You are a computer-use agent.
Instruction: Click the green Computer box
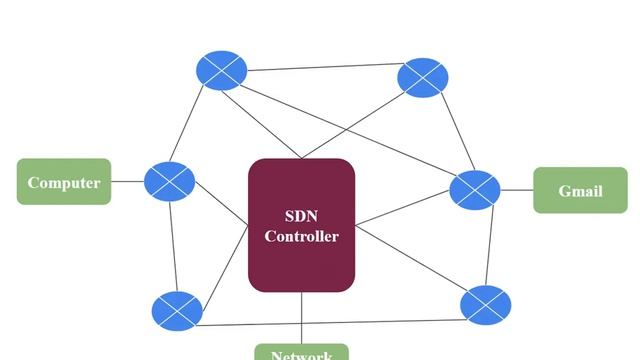pos(64,182)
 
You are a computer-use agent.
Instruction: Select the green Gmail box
pos(580,190)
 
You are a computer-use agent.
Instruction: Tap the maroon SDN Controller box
pos(301,225)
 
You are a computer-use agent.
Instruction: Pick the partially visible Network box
pos(301,353)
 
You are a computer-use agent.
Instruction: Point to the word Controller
pos(301,237)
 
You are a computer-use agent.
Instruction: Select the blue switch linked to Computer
pos(169,181)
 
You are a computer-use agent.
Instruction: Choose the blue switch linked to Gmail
pos(474,189)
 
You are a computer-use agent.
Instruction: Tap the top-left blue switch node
pos(220,69)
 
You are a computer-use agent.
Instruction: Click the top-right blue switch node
pos(423,78)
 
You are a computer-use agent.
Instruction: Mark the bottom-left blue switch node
pos(177,311)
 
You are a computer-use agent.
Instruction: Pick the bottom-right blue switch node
pos(486,304)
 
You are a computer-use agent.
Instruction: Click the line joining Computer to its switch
pos(127,182)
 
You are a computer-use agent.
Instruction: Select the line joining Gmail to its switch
pos(516,189)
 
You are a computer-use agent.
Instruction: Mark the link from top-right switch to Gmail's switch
pos(448,132)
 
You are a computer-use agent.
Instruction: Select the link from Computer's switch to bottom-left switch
pos(173,245)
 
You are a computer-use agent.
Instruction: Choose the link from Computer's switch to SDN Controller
pos(221,204)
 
